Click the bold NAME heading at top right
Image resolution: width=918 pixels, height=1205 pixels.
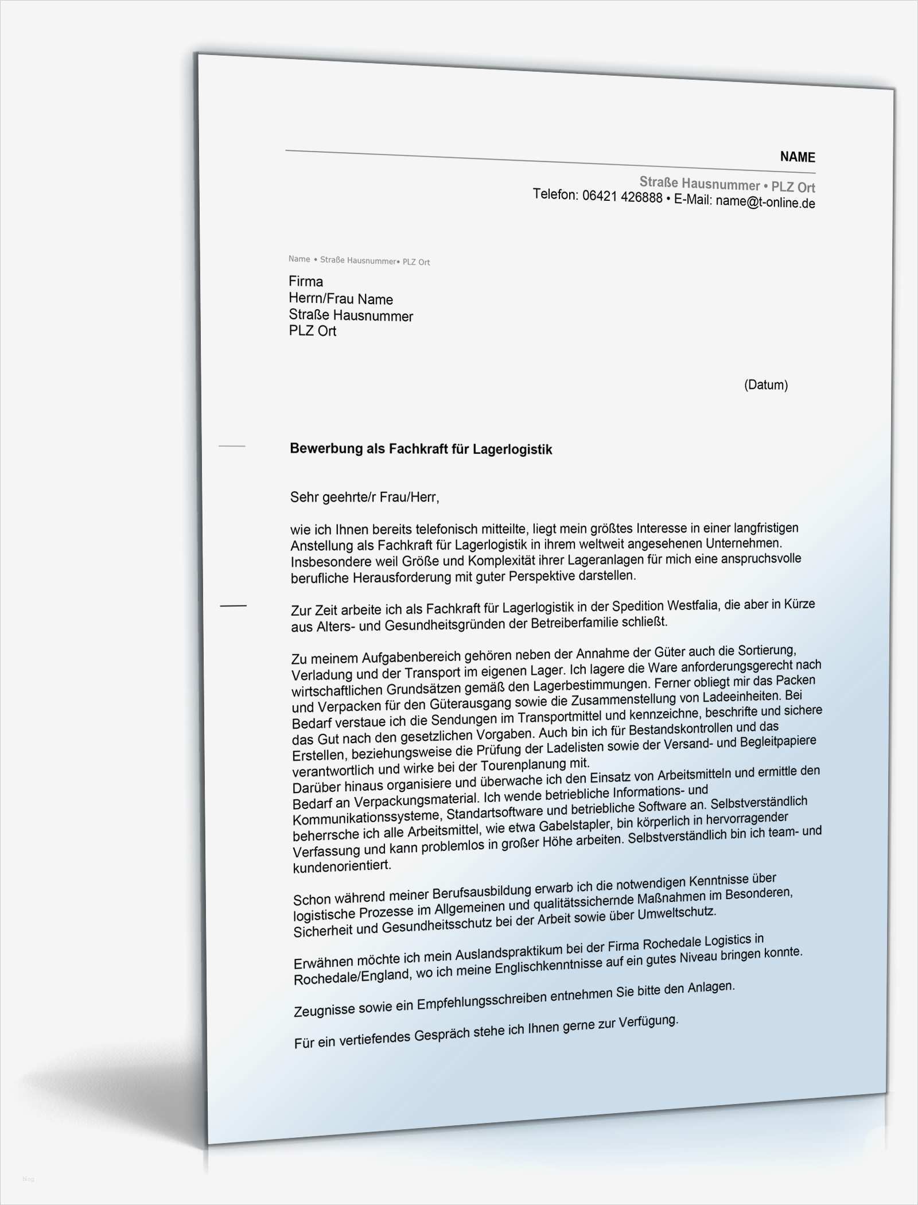coord(797,157)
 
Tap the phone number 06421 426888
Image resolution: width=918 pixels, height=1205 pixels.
coord(622,197)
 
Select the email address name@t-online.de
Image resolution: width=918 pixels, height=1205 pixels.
coord(765,202)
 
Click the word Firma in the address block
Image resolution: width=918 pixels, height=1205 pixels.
coord(306,281)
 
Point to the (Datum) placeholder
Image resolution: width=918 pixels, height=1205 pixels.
coord(765,385)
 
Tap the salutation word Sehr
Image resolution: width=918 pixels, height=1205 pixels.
coord(302,497)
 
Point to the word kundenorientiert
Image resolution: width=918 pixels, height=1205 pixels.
coord(342,866)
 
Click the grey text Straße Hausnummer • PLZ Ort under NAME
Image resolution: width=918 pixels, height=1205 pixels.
coord(727,185)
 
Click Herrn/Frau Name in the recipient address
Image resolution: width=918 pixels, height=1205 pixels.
coord(341,299)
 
